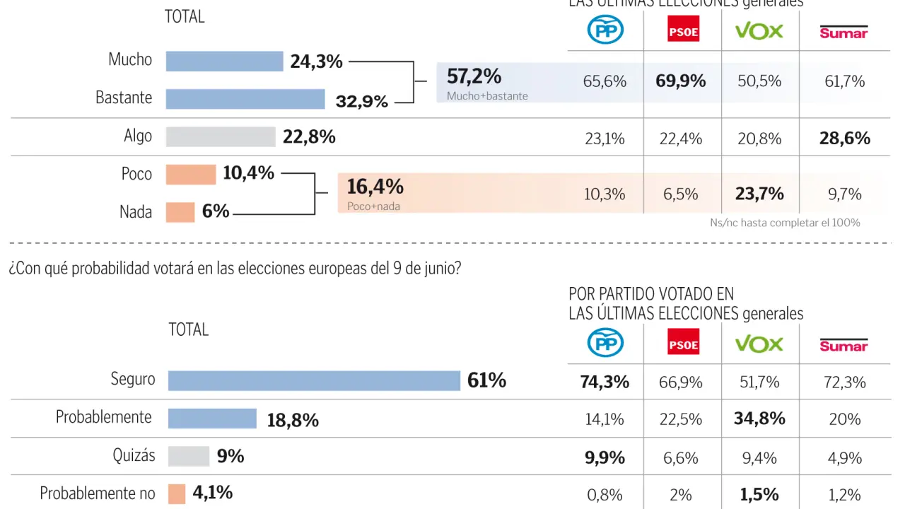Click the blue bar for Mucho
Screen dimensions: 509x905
pos(224,62)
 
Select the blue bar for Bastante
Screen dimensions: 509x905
pos(245,99)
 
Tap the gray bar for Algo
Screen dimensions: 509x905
pos(221,137)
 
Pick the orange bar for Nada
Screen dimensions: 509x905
pos(180,212)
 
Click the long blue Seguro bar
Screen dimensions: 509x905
pos(314,381)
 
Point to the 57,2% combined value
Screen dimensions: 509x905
pos(474,76)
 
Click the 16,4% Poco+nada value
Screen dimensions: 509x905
pos(375,187)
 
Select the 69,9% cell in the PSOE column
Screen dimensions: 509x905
pos(681,81)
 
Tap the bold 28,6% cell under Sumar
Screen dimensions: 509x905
pos(845,139)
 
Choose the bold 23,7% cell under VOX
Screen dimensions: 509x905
pos(760,194)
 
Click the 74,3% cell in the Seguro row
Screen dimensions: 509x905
pos(605,382)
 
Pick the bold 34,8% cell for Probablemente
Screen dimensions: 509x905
pos(760,419)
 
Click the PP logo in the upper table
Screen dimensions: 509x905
pos(605,30)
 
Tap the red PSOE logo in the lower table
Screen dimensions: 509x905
pos(683,343)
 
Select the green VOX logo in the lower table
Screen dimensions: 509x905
pos(759,344)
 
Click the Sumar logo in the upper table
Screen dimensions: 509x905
pos(843,32)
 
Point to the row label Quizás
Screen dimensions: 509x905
pos(134,455)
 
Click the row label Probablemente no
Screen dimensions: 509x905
pos(98,493)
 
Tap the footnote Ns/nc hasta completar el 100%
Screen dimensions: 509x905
pos(785,223)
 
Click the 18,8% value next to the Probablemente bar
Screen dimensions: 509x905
pos(293,421)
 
